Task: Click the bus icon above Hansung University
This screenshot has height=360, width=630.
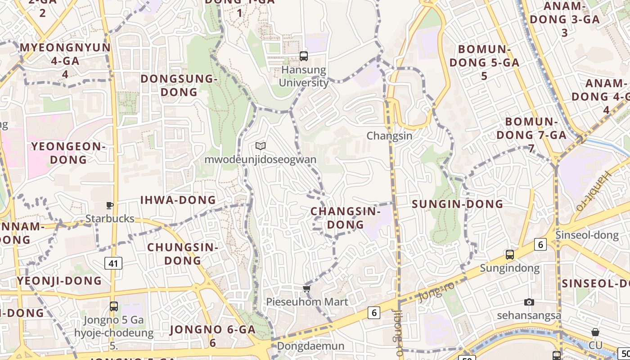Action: (304, 56)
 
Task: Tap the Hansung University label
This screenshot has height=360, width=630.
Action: (304, 76)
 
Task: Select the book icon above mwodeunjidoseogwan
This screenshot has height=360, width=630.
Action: (261, 146)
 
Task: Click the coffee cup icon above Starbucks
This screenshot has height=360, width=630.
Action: (109, 206)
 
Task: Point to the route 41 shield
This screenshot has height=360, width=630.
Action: (113, 263)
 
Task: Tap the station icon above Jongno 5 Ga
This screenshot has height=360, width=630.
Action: (114, 306)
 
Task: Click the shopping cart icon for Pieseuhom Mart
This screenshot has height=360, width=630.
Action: (307, 288)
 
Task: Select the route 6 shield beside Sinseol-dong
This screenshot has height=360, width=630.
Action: (540, 244)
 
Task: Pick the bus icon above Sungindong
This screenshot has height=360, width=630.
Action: (509, 255)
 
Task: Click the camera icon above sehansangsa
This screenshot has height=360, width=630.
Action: (529, 302)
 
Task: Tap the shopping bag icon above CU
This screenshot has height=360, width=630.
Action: (595, 333)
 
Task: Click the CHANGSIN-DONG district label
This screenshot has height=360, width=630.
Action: (346, 218)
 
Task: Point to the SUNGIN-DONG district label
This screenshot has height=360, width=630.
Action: (457, 204)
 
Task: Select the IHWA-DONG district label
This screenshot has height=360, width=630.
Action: (178, 200)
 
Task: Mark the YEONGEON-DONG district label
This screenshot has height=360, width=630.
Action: (68, 153)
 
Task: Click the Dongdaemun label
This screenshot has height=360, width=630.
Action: (310, 346)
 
